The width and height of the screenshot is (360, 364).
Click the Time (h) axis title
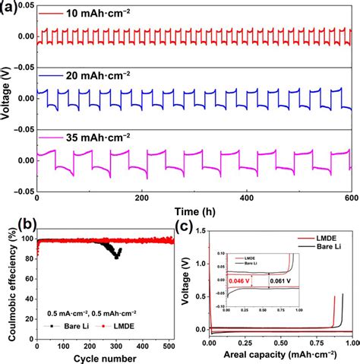click(x=192, y=208)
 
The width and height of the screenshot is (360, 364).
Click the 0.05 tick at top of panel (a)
click(x=23, y=7)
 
